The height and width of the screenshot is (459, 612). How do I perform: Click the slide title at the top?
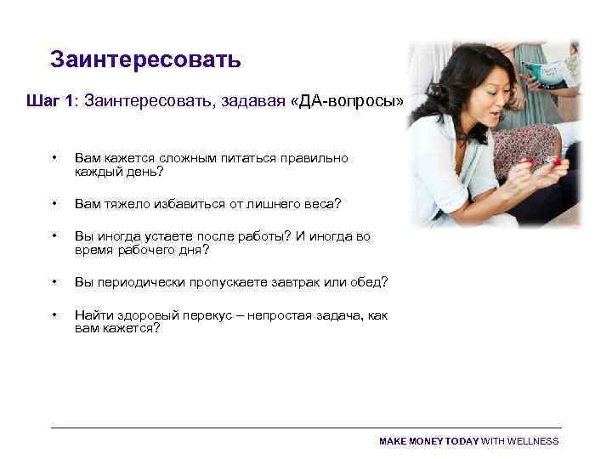pyautogui.click(x=145, y=59)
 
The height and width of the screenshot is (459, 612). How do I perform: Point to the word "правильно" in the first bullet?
pyautogui.click(x=310, y=158)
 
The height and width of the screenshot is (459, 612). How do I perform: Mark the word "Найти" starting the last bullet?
pyautogui.click(x=93, y=315)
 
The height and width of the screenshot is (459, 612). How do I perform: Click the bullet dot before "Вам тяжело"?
pyautogui.click(x=54, y=204)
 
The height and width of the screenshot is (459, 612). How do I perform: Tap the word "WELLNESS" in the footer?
pyautogui.click(x=532, y=441)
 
